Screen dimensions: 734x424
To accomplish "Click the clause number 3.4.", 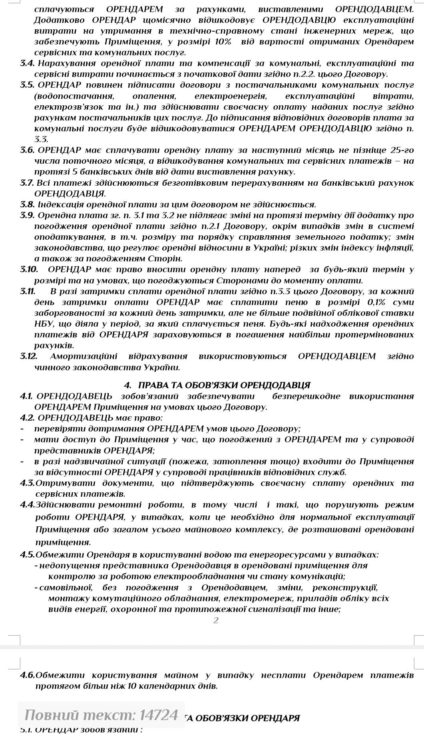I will click(x=27, y=63).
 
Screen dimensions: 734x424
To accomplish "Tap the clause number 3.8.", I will click(x=27, y=205).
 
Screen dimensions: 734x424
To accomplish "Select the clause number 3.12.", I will click(x=29, y=356).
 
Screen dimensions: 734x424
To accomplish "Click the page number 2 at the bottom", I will click(x=216, y=620).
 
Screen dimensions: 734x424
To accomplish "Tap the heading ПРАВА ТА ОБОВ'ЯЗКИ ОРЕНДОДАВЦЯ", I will click(x=224, y=385).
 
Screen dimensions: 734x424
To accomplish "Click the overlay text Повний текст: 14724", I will click(x=101, y=714).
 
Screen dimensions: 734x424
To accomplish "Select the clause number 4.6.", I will click(x=28, y=675).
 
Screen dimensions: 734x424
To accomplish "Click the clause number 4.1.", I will click(x=26, y=396).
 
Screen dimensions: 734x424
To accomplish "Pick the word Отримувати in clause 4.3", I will click(x=64, y=483).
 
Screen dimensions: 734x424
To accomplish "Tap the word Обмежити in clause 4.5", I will click(x=60, y=555).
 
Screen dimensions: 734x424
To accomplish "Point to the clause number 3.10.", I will click(x=29, y=269).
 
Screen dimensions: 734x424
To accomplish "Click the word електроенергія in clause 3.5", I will click(x=230, y=96).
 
